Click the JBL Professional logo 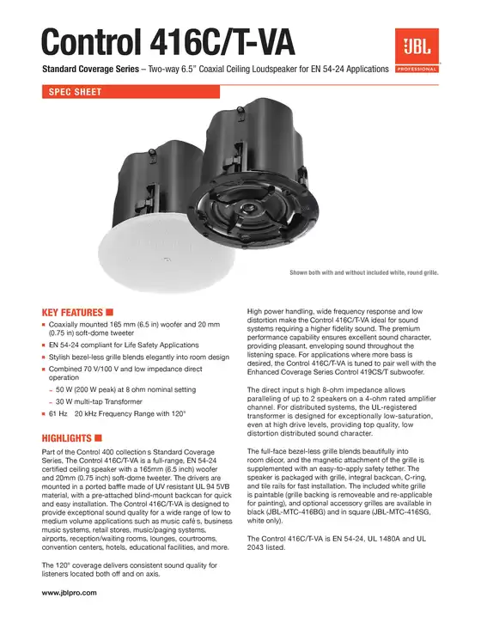point(416,51)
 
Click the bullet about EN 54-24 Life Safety point(124,345)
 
